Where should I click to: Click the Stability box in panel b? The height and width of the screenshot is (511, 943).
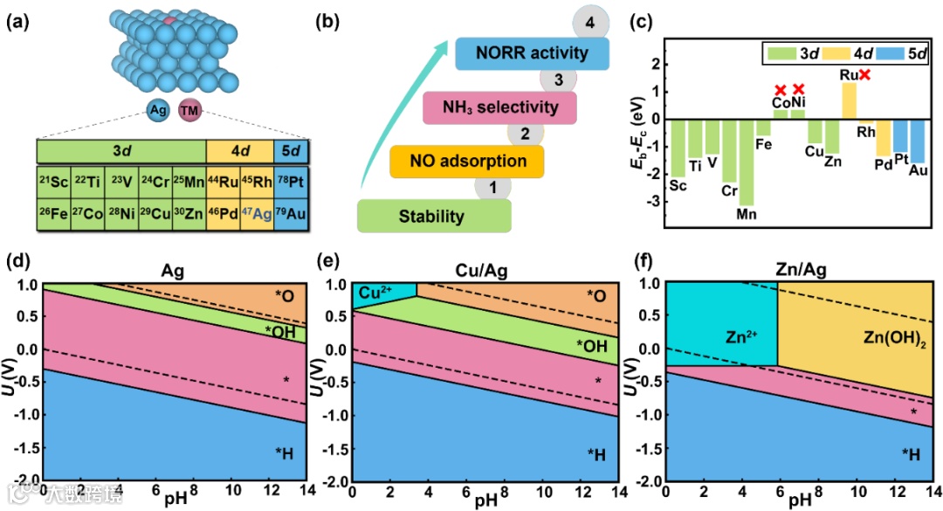pyautogui.click(x=434, y=216)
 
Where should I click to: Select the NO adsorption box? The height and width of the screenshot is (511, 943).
pyautogui.click(x=467, y=162)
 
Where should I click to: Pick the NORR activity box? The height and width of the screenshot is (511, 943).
pyautogui.click(x=533, y=53)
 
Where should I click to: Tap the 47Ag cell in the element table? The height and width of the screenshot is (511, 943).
pyautogui.click(x=257, y=212)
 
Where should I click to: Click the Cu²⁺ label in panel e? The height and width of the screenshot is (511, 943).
pyautogui.click(x=371, y=293)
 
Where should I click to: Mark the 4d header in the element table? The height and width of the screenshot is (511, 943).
pyautogui.click(x=240, y=150)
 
